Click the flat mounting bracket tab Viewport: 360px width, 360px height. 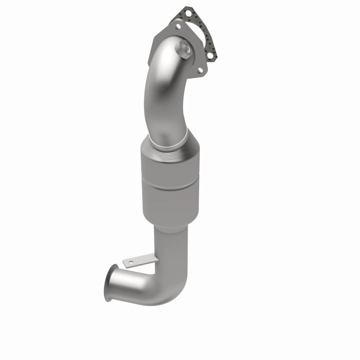pyautogui.click(x=135, y=261)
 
